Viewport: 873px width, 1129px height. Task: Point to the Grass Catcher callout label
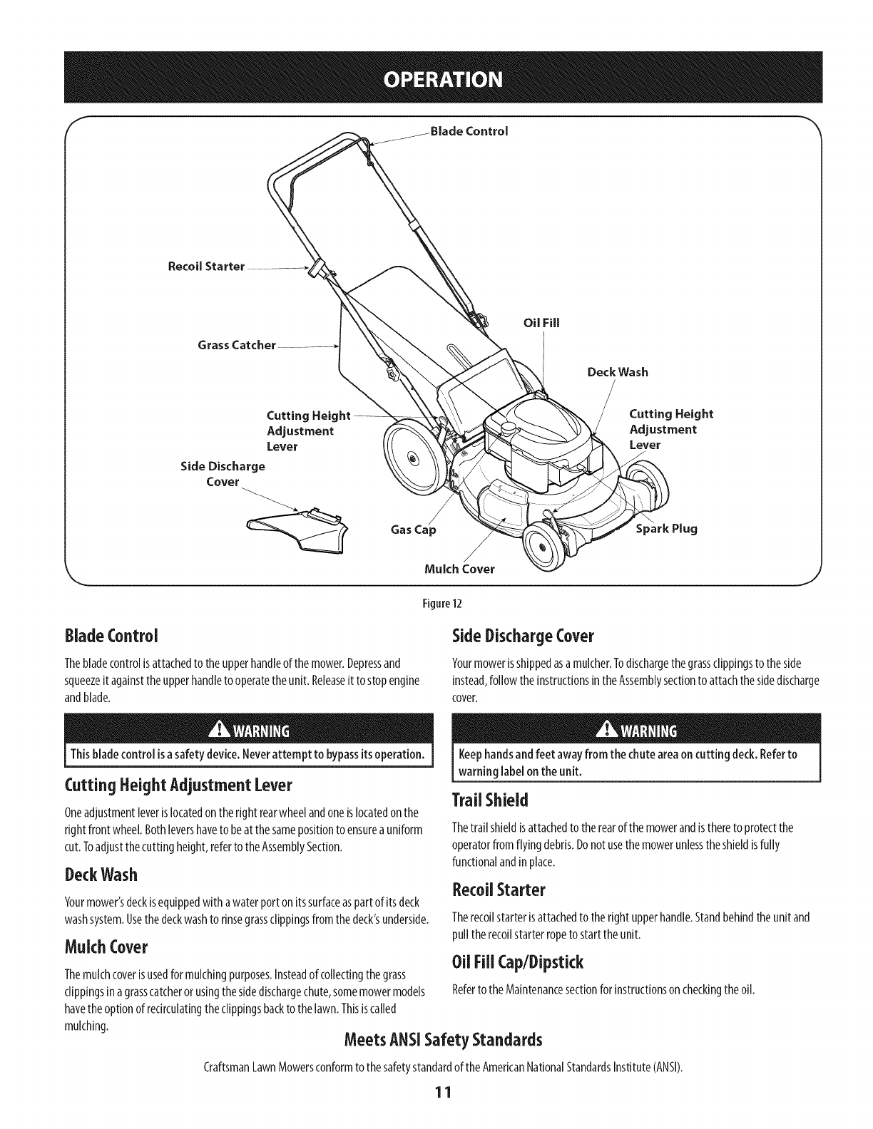pos(236,346)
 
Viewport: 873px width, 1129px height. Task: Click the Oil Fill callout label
pos(541,322)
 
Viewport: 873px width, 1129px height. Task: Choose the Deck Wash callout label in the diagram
pos(617,372)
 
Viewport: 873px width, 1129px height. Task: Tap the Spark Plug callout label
pos(665,528)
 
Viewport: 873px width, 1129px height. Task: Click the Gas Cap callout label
pos(412,530)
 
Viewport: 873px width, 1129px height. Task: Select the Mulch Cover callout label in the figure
pos(459,569)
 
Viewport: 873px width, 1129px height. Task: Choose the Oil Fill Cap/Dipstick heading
pos(518,962)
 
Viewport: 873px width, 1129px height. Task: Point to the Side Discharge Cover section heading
pos(524,634)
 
